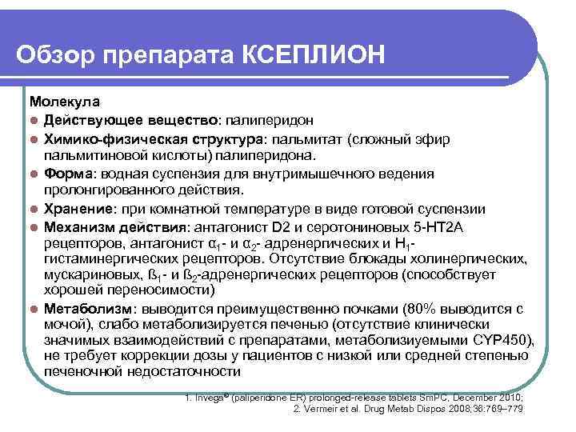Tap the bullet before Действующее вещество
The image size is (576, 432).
(34, 121)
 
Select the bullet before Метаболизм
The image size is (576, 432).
(34, 309)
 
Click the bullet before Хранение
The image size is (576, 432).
(34, 209)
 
